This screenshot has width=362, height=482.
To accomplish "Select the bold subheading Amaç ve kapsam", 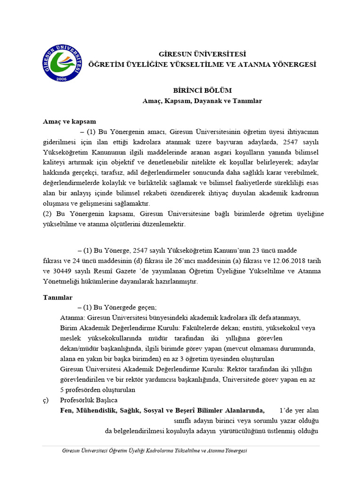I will [69, 121].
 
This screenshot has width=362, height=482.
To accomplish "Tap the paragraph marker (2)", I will [48, 214].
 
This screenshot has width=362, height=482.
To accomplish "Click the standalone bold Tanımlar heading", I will [58, 297].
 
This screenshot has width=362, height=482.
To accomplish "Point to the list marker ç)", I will [46, 400].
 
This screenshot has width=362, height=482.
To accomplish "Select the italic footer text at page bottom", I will [155, 450].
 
